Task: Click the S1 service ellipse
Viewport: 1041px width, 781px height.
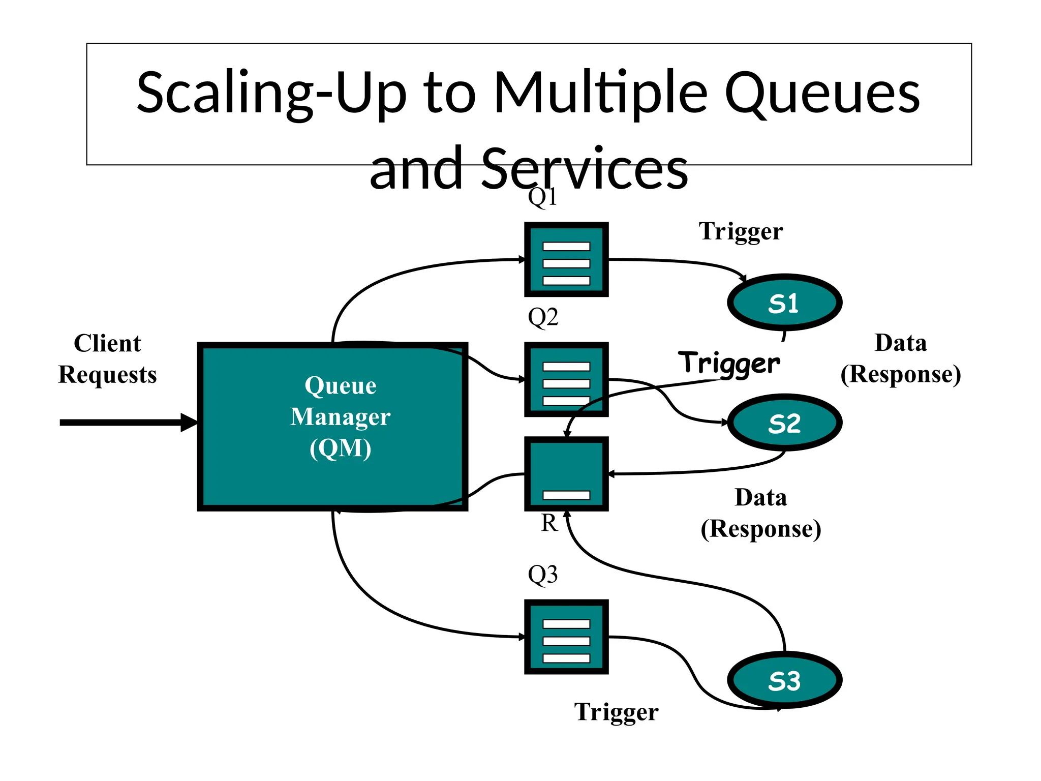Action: pos(784,303)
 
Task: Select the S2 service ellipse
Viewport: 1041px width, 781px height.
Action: pos(784,423)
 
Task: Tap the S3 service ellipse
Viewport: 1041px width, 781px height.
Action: pos(784,680)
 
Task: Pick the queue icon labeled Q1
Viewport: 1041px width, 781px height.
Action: pos(566,259)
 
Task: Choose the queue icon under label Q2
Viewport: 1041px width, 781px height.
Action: pos(566,379)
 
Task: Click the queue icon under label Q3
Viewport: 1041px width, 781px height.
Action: pos(566,637)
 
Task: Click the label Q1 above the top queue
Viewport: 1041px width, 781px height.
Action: pos(542,197)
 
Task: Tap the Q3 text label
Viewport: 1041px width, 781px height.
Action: pos(542,575)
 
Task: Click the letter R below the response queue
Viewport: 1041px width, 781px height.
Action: pos(549,523)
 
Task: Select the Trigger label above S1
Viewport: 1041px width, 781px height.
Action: pos(741,231)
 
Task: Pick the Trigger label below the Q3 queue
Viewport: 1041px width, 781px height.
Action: pos(616,712)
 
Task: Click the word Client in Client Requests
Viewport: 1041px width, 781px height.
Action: pos(107,343)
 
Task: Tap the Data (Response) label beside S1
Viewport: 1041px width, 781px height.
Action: pos(900,358)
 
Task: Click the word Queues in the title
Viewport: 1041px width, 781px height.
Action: pos(821,93)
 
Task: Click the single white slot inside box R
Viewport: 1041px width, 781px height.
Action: pos(566,495)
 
